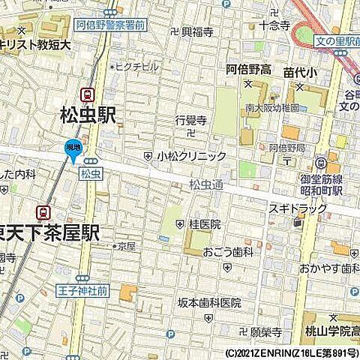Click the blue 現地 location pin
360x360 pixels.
coord(73,148)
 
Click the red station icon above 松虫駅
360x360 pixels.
coord(88,95)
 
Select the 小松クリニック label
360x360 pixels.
coord(190,156)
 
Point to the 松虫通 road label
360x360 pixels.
coord(205,183)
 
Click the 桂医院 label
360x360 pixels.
coord(205,223)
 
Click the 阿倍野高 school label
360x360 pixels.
coord(250,70)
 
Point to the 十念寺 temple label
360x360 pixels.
coord(274,25)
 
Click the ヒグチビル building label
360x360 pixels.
coord(137,66)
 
